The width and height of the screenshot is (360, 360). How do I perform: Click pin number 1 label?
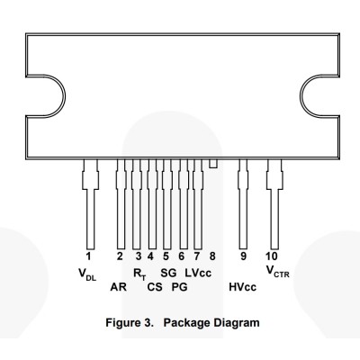88,256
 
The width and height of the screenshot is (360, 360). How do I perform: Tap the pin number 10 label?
272,256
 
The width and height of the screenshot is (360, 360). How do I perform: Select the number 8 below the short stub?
212,256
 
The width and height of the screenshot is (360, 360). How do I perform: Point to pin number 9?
243,256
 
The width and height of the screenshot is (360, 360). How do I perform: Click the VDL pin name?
87,274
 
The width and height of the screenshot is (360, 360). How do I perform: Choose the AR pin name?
118,287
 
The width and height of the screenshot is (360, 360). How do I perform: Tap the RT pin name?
139,274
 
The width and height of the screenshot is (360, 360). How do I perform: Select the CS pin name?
155,287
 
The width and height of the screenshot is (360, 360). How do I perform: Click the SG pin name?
168,273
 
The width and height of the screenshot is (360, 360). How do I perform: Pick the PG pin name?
179,287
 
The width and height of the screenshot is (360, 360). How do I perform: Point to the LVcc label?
198,273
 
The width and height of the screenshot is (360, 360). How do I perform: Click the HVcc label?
242,287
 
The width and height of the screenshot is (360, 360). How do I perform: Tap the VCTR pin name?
278,272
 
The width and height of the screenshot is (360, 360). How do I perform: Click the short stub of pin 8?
213,164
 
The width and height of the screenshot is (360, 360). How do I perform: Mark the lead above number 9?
243,204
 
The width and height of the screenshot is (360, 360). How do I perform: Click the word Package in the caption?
186,323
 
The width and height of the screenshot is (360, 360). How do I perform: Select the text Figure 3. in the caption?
130,323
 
